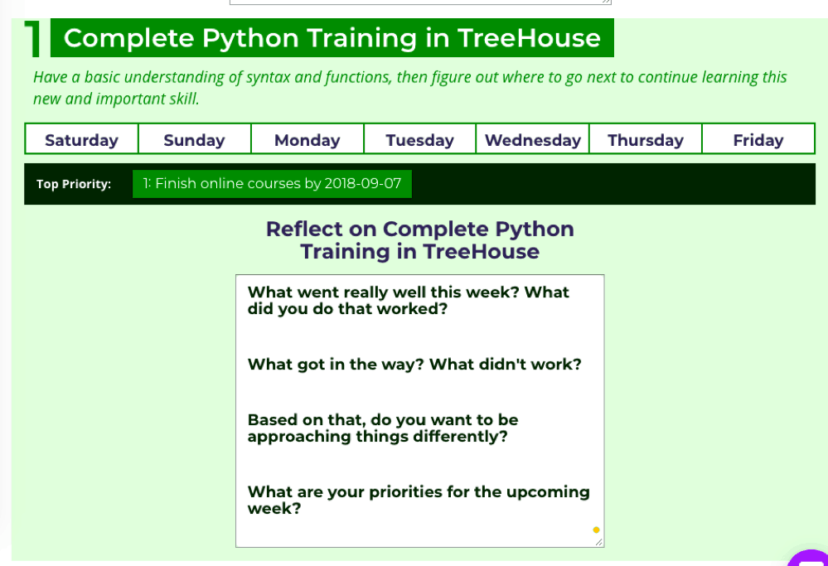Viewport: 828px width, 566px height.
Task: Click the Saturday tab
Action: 81,139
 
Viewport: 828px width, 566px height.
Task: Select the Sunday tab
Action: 194,139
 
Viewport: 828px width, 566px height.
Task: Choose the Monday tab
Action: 307,139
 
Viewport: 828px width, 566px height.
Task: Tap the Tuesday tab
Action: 420,139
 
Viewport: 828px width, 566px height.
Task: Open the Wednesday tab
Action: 532,139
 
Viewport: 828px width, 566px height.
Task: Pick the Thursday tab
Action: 646,139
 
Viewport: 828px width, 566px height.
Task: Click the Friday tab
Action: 758,139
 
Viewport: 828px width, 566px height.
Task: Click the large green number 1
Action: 33,39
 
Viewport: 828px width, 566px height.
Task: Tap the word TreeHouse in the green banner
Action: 529,38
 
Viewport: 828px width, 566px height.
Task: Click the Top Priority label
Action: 74,184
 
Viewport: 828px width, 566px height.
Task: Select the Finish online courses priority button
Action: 272,184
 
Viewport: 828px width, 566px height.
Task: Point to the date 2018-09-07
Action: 363,183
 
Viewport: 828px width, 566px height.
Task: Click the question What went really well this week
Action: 408,300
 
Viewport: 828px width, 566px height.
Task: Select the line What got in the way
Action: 414,365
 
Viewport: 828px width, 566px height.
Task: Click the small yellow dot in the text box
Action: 596,530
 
